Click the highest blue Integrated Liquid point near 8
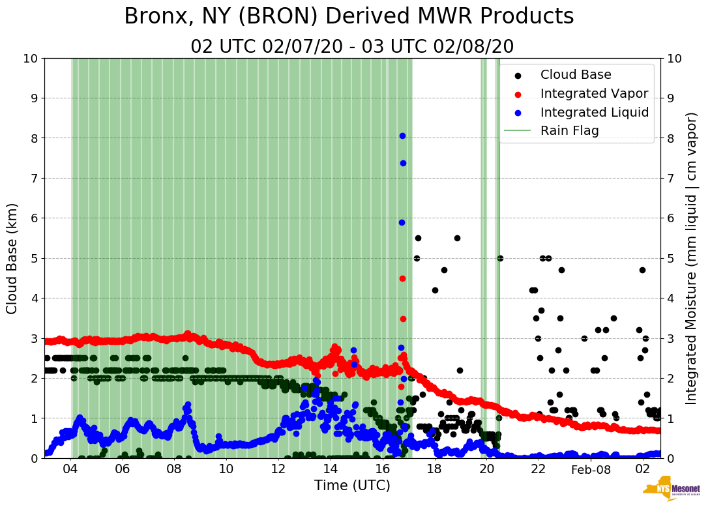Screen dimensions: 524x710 (402, 136)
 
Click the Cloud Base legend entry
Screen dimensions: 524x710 (576, 75)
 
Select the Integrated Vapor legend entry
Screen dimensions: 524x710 (594, 93)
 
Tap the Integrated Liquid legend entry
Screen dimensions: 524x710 (594, 112)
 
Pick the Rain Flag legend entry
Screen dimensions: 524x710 (569, 130)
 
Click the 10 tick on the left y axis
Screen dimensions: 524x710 (30, 59)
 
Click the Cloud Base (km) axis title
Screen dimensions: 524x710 (12, 258)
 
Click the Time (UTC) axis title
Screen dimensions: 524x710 (352, 486)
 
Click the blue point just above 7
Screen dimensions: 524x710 (403, 163)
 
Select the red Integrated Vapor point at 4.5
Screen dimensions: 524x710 (402, 278)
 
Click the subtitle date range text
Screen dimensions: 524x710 (352, 46)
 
